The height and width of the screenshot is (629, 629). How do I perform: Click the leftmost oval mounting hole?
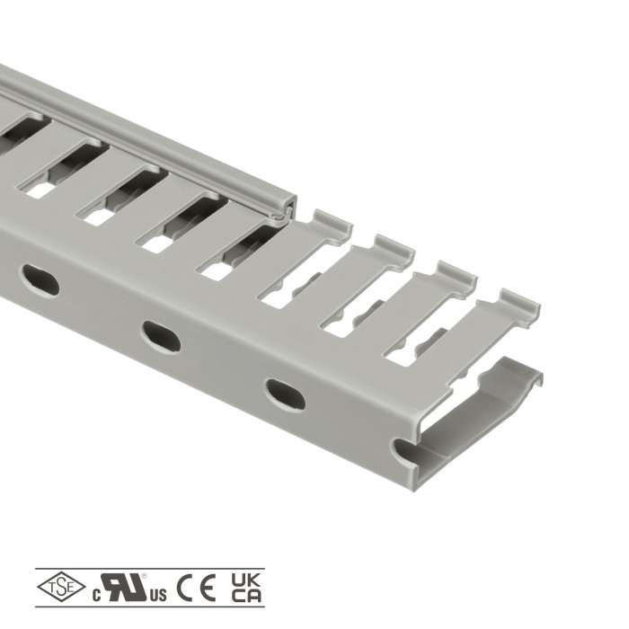40,280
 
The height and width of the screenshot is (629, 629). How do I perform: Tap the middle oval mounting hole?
161,336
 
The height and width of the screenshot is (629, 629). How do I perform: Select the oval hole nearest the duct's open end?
285,394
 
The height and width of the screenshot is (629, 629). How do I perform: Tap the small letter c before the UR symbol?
95,596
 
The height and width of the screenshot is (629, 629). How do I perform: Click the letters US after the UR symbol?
158,595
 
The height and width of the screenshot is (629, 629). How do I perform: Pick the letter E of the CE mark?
209,589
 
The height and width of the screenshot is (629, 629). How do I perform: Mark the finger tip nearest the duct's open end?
520,306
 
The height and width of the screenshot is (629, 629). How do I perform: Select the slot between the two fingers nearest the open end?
422,337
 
